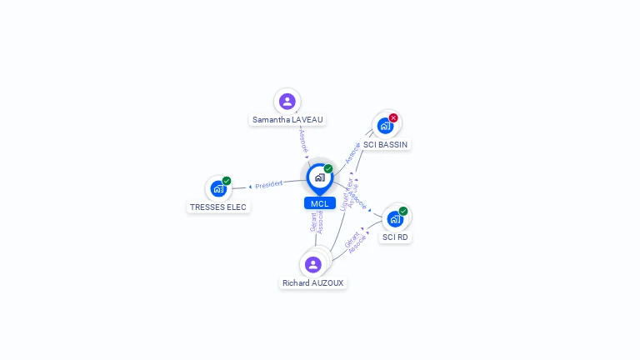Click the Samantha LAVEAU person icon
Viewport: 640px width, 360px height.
(x=287, y=102)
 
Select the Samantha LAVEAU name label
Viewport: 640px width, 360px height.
(x=287, y=120)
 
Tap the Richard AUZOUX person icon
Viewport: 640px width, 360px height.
(x=313, y=265)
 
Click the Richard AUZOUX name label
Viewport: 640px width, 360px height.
(x=313, y=283)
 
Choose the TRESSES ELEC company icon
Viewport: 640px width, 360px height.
(x=218, y=189)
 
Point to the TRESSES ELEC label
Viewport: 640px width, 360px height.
(x=218, y=207)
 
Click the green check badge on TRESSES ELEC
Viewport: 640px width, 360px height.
(x=227, y=181)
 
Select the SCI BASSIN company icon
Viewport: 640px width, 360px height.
(x=385, y=126)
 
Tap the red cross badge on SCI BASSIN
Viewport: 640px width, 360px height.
(x=393, y=117)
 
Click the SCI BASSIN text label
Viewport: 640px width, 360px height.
(x=386, y=144)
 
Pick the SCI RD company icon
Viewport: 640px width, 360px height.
(x=395, y=219)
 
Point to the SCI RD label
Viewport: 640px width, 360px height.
(x=395, y=237)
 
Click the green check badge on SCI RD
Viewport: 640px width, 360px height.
(x=403, y=211)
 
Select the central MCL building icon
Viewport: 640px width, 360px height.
(x=319, y=177)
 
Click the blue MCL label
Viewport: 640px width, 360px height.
(x=319, y=203)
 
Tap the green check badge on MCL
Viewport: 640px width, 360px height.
(x=328, y=169)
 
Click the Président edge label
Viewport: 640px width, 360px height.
(x=269, y=184)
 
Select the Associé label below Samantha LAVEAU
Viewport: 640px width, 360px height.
(x=303, y=139)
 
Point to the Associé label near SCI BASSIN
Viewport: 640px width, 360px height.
(x=352, y=152)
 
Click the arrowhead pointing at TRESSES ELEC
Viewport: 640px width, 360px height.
(x=250, y=187)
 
